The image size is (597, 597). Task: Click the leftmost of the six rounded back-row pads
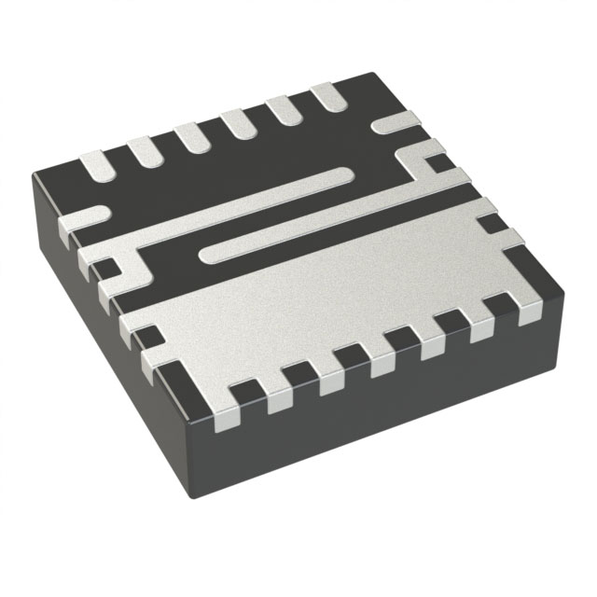coord(96,166)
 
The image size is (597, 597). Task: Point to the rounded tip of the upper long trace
coord(346,174)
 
